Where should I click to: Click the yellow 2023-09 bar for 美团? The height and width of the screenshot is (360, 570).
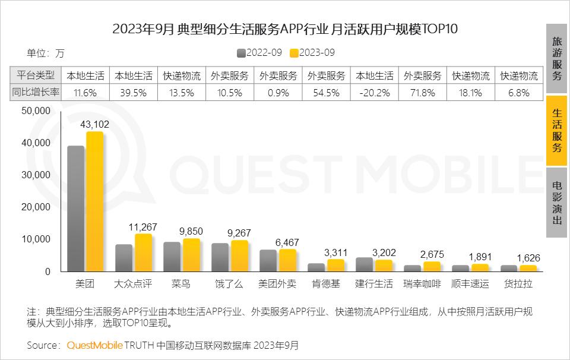[95, 202]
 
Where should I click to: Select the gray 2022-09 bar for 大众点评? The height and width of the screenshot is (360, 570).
[123, 258]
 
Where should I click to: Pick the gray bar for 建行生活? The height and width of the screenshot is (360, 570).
[364, 264]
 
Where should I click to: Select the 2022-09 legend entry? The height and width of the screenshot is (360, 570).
[259, 52]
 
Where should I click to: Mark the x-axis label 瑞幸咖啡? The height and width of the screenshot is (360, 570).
[422, 284]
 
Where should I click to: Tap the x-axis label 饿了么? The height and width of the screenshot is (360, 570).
[229, 284]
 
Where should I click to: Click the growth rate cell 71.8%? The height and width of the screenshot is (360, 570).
[422, 92]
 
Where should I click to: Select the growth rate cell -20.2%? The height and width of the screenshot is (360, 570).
[374, 92]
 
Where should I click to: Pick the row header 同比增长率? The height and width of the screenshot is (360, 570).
[36, 92]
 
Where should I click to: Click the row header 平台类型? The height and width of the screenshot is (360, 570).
[36, 75]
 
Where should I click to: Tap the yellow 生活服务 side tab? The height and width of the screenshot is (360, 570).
[556, 131]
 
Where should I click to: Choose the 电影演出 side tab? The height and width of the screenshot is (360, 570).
[556, 203]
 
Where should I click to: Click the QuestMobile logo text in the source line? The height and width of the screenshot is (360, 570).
[94, 345]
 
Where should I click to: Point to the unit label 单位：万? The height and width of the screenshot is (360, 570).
[45, 53]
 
